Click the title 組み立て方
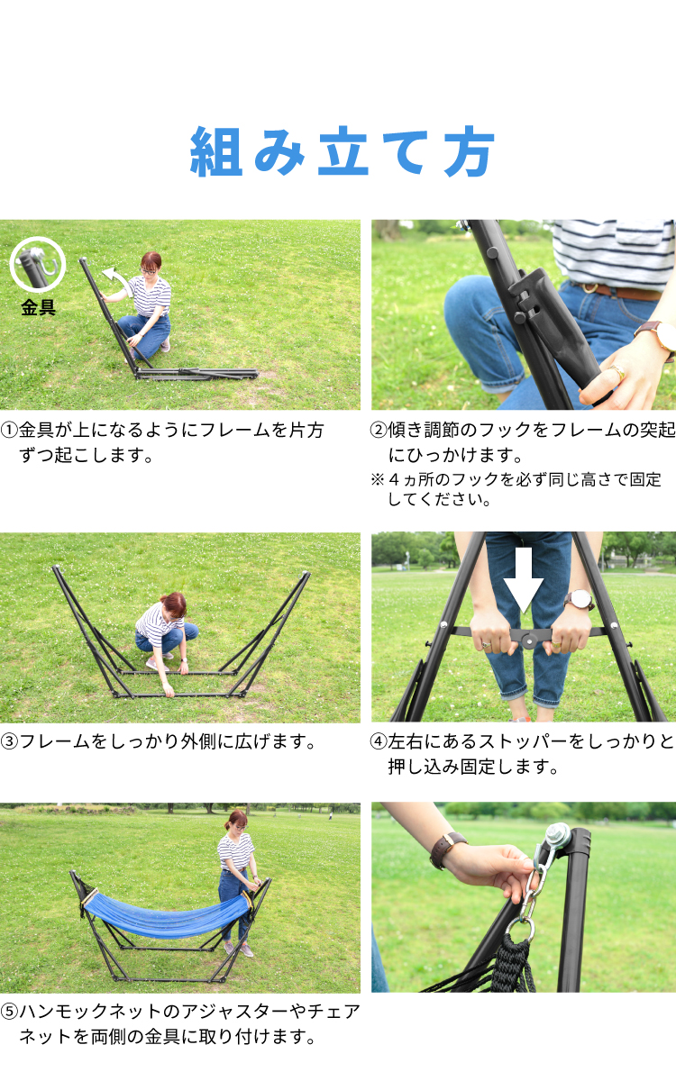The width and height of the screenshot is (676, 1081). click(x=342, y=151)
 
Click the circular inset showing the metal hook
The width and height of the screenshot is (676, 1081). click(x=38, y=265)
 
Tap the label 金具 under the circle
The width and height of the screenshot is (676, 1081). click(x=38, y=307)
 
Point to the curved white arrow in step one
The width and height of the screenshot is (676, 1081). click(x=117, y=280)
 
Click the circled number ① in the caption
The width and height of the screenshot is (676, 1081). click(x=9, y=430)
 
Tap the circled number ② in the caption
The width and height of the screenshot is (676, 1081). click(x=379, y=430)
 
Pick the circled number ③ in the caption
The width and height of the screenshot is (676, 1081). click(x=9, y=741)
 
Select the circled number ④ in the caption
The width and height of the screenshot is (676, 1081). click(x=379, y=741)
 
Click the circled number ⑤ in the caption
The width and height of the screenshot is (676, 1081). click(x=9, y=1011)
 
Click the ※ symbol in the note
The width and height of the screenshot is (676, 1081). click(x=377, y=479)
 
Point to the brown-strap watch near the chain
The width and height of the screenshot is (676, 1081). click(x=448, y=849)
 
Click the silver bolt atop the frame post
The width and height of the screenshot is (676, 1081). click(x=558, y=835)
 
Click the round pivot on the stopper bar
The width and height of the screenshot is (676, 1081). click(x=529, y=640)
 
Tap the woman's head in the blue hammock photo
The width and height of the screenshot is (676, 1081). click(x=238, y=821)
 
